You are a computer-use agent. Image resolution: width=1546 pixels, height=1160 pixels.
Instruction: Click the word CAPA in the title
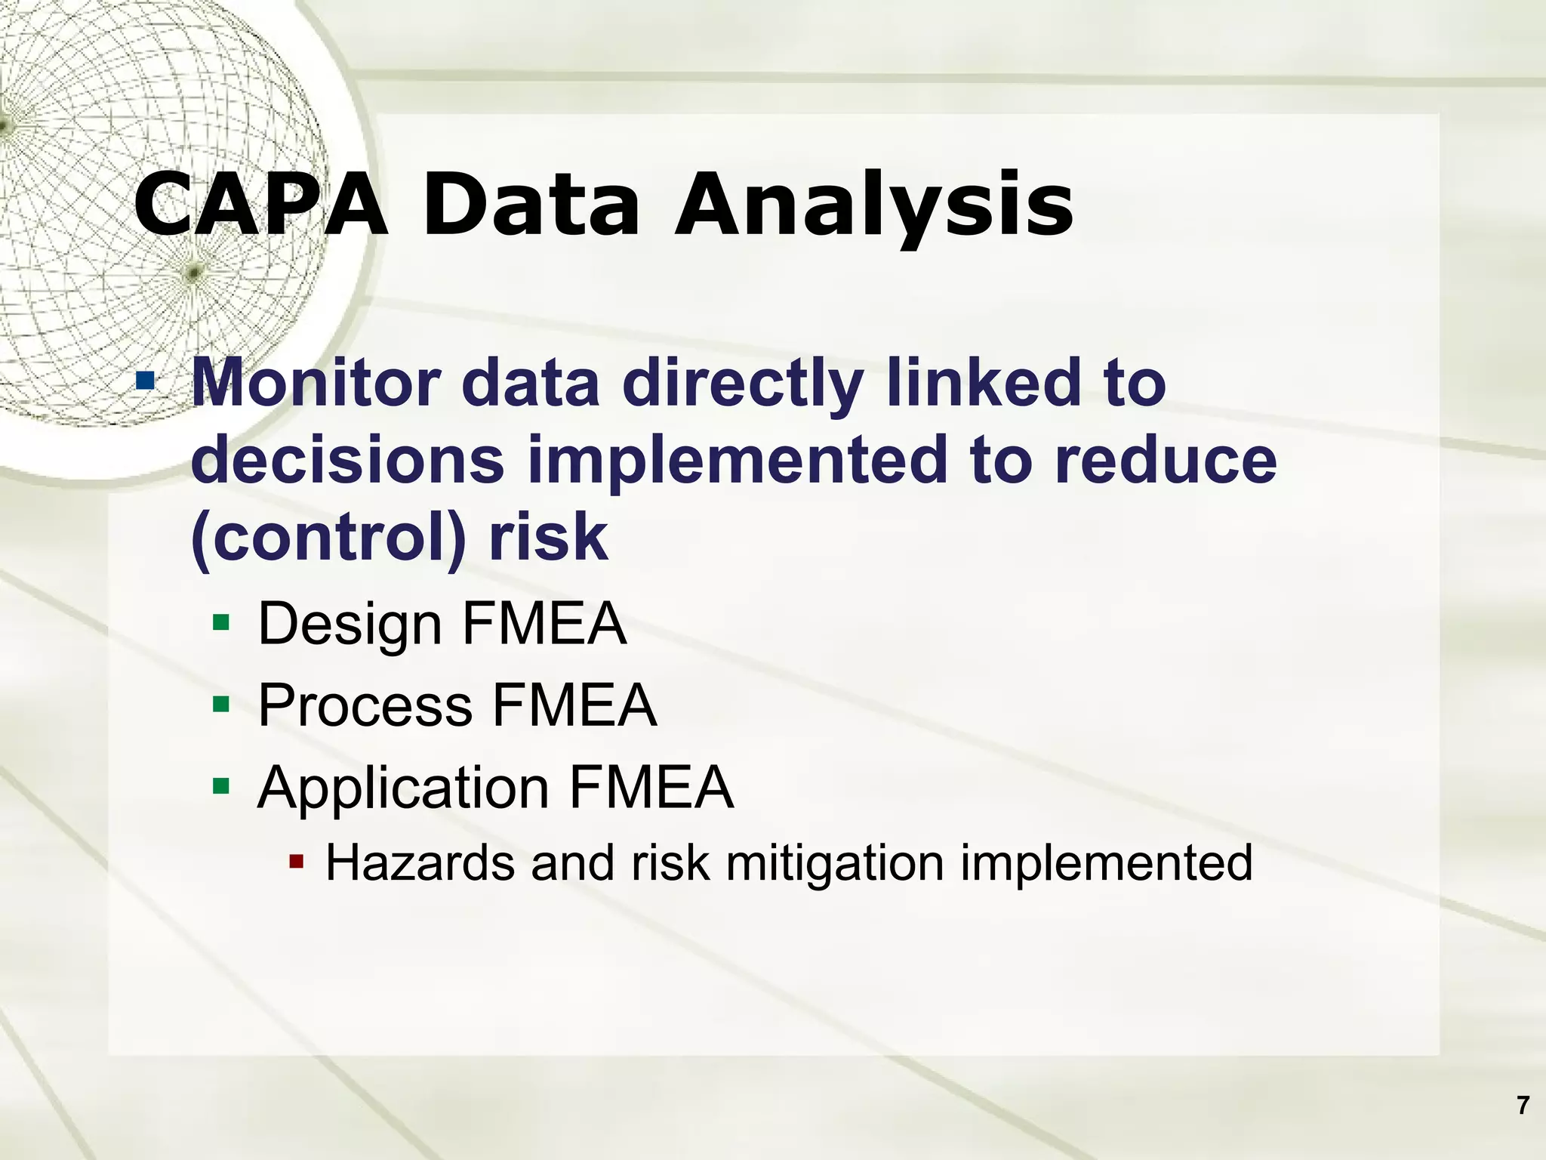tap(260, 205)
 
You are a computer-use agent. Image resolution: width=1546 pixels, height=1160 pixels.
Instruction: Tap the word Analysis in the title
tap(873, 205)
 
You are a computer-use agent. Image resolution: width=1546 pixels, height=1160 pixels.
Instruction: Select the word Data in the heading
tap(531, 205)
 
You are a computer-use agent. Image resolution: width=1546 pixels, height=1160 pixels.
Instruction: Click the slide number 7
tap(1523, 1106)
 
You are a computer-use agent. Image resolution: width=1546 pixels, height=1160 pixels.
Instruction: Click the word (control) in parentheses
tap(326, 538)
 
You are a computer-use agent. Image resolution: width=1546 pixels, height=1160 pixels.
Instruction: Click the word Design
tap(350, 625)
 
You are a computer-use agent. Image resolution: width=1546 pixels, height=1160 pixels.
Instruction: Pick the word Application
tap(403, 788)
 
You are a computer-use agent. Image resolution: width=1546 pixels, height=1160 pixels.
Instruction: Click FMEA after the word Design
tap(544, 624)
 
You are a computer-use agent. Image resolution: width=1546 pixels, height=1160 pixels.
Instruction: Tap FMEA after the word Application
tap(651, 787)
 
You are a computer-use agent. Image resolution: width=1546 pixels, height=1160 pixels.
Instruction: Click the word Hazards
tap(420, 862)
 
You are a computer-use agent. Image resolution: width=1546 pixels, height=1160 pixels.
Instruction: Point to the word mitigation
tap(835, 862)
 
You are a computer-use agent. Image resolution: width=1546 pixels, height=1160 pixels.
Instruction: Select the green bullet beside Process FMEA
tap(220, 704)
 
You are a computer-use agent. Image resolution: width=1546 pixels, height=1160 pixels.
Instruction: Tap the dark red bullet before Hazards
tap(296, 860)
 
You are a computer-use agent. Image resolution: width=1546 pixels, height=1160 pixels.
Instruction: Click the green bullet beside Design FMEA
tap(220, 622)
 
